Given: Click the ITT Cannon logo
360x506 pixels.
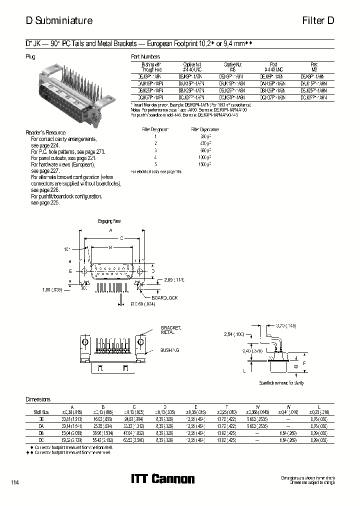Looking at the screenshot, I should click(x=162, y=479).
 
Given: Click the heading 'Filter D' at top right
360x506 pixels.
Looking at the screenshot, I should click(x=318, y=21).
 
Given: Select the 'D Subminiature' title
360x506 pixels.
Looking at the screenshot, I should click(x=59, y=21).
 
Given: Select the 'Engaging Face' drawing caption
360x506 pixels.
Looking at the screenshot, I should click(x=109, y=220).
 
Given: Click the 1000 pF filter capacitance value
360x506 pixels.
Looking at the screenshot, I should click(x=203, y=157).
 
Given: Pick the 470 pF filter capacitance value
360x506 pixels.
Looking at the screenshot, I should click(x=204, y=143).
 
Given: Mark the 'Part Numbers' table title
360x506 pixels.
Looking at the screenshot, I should click(x=145, y=57).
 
